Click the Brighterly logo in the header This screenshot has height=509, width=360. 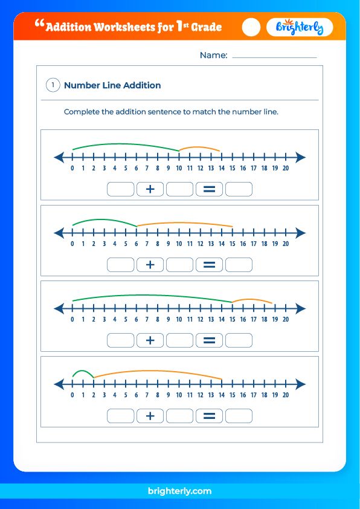(299, 27)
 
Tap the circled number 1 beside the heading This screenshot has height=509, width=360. (53, 85)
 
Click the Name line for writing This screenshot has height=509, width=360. (274, 56)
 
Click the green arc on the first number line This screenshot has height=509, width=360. (126, 144)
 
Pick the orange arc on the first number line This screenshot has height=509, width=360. (200, 148)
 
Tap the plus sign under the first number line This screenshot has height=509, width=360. (150, 189)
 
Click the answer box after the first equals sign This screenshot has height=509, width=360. (239, 189)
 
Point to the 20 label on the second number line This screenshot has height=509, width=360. (285, 244)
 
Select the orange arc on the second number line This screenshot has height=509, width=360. (185, 223)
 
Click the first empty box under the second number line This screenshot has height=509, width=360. (121, 265)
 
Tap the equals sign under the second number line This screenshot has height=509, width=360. (209, 265)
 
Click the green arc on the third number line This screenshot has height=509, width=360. (151, 295)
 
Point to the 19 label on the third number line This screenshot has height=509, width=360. (275, 319)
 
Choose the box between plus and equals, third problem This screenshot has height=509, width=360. (179, 340)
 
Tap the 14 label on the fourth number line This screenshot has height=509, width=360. (222, 395)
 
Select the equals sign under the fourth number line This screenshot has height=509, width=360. (209, 416)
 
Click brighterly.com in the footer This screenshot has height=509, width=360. (179, 491)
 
